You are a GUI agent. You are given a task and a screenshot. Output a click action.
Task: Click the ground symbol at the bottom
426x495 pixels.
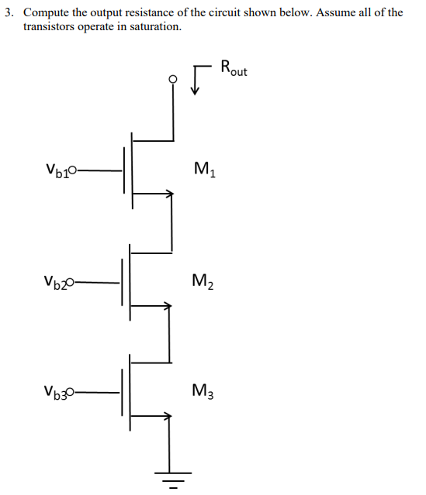coord(172,478)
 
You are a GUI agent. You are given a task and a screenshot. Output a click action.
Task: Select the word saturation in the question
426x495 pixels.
coord(157,26)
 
